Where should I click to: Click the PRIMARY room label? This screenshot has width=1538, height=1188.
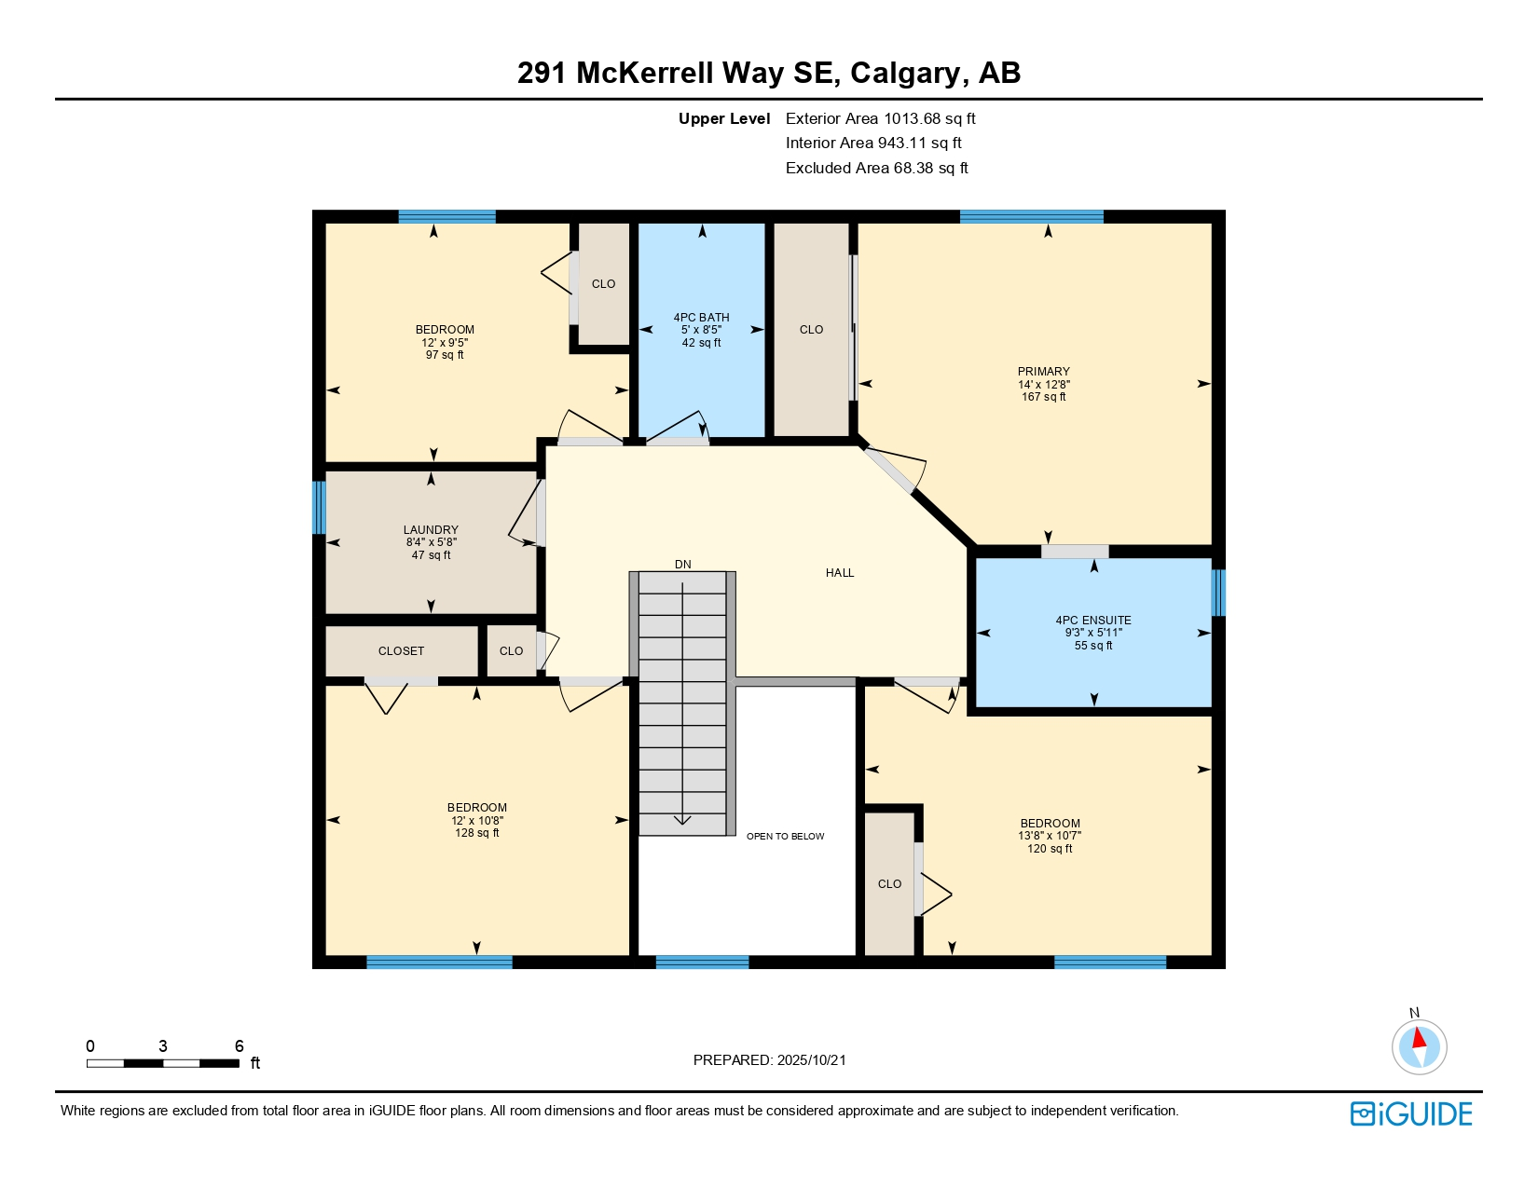pos(1043,372)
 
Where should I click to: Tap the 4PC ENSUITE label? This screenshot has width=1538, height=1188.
pos(1093,621)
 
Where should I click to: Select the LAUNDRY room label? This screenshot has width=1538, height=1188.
pos(431,530)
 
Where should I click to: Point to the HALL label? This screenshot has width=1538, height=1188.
pos(840,573)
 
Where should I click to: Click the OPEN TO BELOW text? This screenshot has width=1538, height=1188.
pos(785,837)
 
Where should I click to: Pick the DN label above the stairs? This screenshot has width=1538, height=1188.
pos(683,565)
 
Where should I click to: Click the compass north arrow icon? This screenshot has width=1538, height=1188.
pos(1419,1045)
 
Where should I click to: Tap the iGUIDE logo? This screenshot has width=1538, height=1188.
pos(1411,1114)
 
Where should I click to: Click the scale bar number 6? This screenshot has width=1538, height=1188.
pos(239,1046)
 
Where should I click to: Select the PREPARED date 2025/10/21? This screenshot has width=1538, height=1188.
pos(770,1060)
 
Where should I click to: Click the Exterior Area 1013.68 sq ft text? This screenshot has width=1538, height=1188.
pos(880,118)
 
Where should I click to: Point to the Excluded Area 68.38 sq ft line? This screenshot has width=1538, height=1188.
pos(876,169)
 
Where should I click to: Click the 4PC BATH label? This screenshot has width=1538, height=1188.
pos(701,318)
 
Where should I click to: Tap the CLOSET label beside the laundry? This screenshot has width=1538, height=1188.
pos(401,651)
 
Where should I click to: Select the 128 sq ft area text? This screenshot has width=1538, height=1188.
pos(477,833)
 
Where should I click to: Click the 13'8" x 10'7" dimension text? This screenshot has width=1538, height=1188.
pos(1050,836)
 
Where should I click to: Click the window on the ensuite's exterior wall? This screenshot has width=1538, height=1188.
pos(1217,593)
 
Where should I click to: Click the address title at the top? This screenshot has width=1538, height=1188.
pos(769,73)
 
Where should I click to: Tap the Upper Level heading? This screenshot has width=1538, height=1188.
pos(724,118)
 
